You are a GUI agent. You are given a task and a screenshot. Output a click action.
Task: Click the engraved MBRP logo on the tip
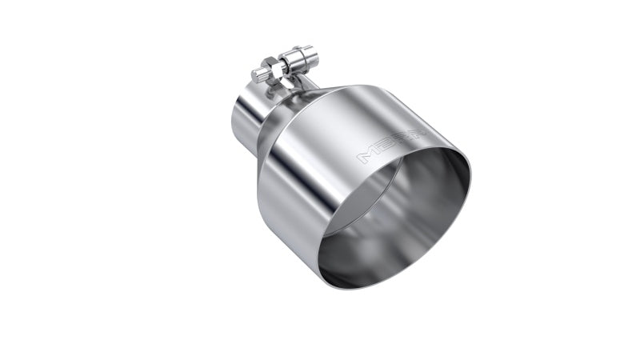pos(391,146)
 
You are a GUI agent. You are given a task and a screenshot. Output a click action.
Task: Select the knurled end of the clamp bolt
pos(258,77)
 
